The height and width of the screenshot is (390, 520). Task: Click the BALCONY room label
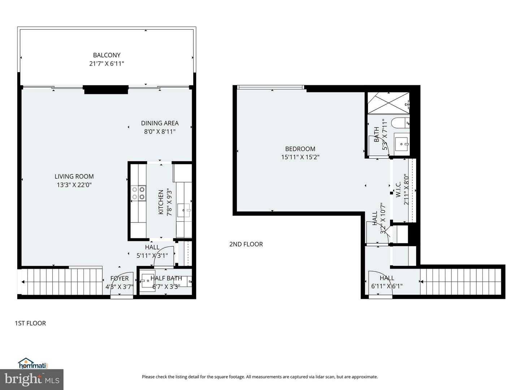point(107,55)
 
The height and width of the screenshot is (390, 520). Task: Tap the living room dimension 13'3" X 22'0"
point(74,185)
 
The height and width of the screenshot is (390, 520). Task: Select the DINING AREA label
point(160,123)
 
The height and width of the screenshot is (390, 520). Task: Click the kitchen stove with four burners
point(138,192)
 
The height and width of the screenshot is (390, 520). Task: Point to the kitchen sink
point(184,210)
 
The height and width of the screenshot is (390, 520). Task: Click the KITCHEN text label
point(161,202)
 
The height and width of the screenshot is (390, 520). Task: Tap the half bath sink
point(147,280)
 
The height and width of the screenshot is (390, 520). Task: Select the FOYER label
point(119,278)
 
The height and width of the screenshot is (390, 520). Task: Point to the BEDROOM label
point(300,149)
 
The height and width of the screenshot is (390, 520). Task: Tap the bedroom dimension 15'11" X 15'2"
point(300,157)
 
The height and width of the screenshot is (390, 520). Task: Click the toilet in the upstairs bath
point(400,123)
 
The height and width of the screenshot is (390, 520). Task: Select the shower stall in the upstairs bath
point(388,103)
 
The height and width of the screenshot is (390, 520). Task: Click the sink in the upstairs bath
point(401,144)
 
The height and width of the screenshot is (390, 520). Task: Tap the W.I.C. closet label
point(398,189)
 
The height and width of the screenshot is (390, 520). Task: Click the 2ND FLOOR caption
point(246,244)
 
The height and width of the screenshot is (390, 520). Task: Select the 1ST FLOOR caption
point(30,323)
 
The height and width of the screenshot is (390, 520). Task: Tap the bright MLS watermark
point(32,379)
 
